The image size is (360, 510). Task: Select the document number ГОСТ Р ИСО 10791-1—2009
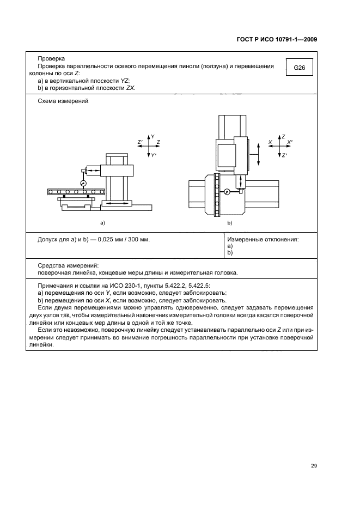point(277,39)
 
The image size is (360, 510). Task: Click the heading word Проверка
point(51,59)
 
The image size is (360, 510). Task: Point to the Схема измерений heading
point(63,101)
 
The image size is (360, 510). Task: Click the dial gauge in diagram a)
point(83,183)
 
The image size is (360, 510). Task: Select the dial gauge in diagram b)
point(227,191)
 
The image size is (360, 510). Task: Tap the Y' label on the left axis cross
point(154,156)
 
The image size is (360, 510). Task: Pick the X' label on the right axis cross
point(290,142)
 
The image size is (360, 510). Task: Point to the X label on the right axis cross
point(270,142)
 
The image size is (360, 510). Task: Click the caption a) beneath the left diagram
point(102,223)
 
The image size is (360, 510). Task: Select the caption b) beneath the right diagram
point(229,223)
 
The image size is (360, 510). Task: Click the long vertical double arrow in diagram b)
point(258,154)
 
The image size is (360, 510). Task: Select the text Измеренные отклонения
point(263,239)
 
